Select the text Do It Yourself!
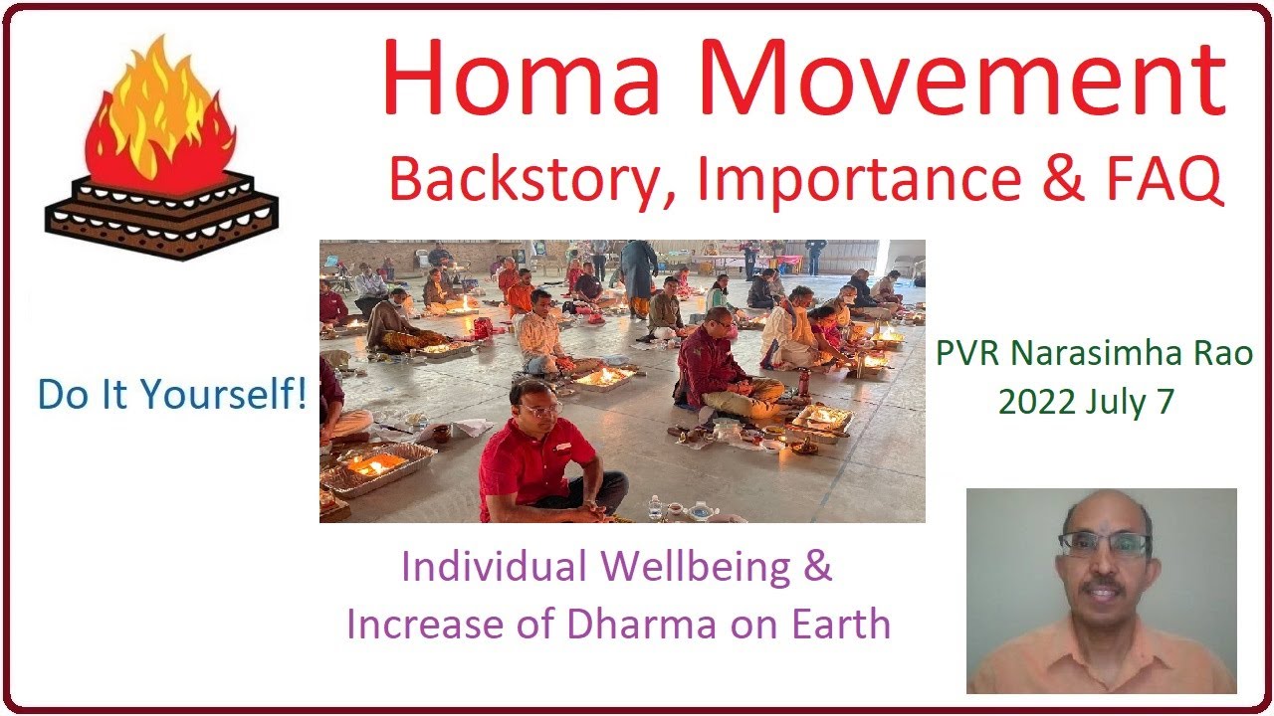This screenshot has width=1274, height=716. [172, 395]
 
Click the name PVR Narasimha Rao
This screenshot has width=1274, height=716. [1094, 353]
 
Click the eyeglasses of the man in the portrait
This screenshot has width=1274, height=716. [1105, 544]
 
